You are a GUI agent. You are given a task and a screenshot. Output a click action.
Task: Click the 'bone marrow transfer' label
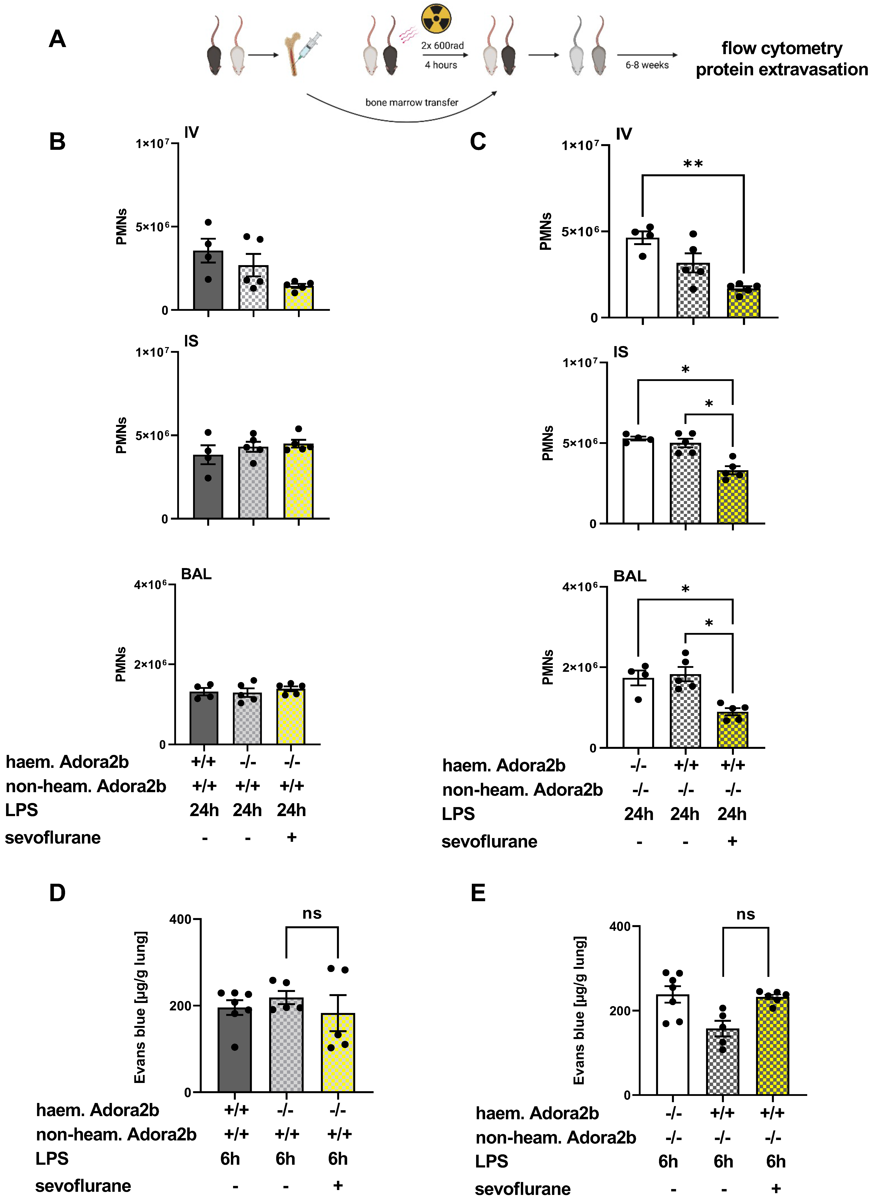pos(411,102)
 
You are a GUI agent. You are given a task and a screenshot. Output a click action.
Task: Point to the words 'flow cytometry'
pos(782,48)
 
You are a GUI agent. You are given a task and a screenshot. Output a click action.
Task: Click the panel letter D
pos(57,893)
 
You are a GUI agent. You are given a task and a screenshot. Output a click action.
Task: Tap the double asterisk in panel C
pos(693,164)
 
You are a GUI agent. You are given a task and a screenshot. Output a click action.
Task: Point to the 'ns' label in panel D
pos(312,914)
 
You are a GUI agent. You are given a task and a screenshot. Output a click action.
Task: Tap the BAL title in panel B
pos(196,574)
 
